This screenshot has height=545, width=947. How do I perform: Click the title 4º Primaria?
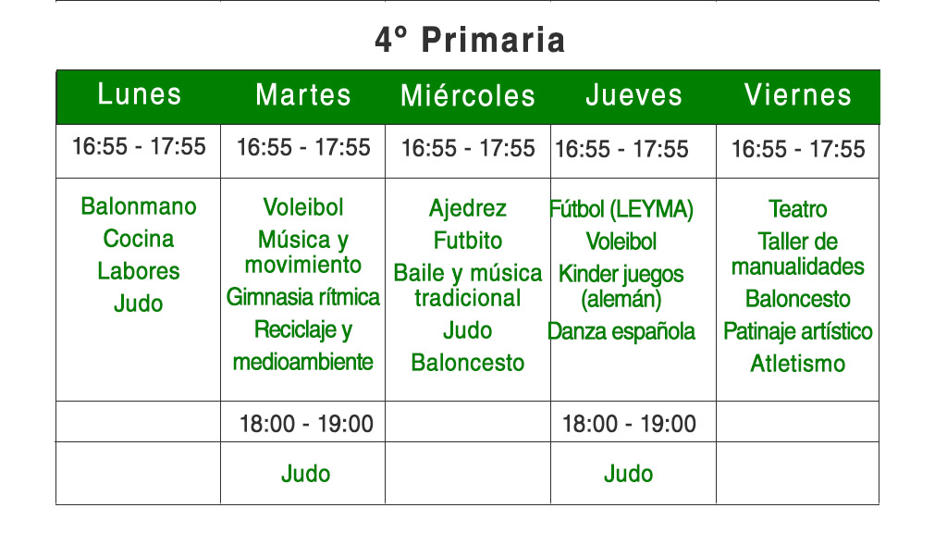pos(470,41)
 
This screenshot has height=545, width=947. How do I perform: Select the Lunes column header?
pos(140,94)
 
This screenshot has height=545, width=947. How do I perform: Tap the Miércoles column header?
pos(468,95)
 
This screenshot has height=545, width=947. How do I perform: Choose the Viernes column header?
pos(798,95)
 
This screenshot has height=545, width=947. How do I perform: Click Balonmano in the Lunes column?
pos(139,206)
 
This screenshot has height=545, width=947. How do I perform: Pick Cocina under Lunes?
pos(139,239)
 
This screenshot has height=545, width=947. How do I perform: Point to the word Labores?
pos(139,271)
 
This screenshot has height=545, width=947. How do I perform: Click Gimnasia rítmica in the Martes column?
pos(303,297)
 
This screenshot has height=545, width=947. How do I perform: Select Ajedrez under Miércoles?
pos(468,209)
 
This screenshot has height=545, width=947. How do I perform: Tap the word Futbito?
pos(468,242)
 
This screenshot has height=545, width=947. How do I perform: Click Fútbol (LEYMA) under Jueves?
pos(621,210)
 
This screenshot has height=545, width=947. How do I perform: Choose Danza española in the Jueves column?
pos(621,331)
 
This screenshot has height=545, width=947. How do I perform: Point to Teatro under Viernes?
pos(798,210)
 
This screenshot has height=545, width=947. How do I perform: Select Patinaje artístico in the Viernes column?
pos(798,331)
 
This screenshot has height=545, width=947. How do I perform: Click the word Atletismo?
pos(798,364)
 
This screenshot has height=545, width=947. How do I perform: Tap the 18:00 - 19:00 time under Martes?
pos(306,424)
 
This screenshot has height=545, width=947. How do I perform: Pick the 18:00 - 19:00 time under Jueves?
pos(629,424)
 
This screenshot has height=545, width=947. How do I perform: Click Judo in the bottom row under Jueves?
pos(629,475)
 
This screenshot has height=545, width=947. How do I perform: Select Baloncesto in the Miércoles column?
pos(468,363)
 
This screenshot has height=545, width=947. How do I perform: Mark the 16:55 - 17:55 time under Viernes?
pos(798,149)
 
